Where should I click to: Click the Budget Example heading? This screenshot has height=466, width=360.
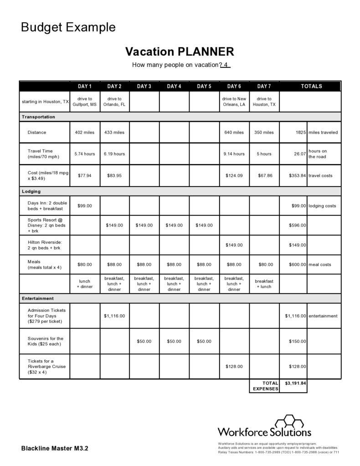68,28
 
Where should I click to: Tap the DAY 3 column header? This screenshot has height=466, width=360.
144,86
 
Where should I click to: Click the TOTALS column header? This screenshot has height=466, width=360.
311,86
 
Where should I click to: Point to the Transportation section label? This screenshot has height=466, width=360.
38,117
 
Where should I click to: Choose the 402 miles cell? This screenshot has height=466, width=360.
85,132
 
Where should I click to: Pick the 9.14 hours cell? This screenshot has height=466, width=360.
234,154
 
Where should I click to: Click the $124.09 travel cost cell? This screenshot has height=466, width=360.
234,175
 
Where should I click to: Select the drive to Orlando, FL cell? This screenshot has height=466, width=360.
114,101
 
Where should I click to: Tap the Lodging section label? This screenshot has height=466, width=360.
31,192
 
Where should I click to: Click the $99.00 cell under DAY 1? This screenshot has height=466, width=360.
85,206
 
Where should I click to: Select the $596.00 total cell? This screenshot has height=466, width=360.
298,225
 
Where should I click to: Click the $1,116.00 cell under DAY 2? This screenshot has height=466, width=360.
114,316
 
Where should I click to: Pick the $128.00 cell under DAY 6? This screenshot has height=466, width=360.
234,366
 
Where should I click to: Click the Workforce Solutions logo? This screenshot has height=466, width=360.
264,426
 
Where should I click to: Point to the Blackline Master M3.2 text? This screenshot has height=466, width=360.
55,448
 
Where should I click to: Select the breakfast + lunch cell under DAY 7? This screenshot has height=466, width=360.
264,284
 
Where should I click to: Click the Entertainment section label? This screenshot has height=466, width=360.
38,298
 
